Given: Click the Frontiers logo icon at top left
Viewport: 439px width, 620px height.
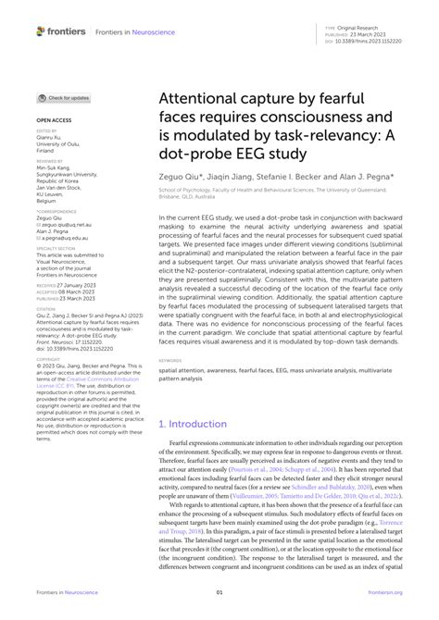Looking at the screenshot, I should [42, 31].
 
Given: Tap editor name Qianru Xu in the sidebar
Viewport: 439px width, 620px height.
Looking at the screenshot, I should [53, 140].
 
